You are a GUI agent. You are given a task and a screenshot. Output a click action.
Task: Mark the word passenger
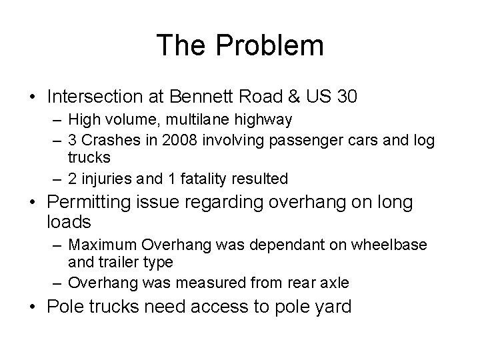pos(298,140)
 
